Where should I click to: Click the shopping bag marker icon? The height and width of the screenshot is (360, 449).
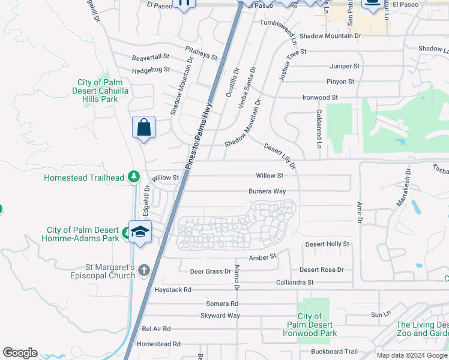coord(143,127)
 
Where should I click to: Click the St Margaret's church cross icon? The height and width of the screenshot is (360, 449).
coord(143,270)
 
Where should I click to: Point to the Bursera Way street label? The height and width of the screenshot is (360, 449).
coord(267,191)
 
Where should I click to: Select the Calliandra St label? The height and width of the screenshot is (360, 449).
coord(295,282)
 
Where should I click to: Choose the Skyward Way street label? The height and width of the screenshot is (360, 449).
coord(220,316)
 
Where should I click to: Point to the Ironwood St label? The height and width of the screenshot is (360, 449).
coord(320,97)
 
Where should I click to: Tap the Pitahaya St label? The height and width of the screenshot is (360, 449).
coord(201,55)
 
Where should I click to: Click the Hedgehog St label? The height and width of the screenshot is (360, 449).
coord(151,70)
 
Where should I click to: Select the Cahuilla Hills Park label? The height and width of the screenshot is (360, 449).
coord(100,91)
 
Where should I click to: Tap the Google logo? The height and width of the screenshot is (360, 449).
coord(20,353)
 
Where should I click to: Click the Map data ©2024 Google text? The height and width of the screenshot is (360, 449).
coord(412,355)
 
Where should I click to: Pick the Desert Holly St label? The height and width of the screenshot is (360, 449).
coord(327,244)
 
